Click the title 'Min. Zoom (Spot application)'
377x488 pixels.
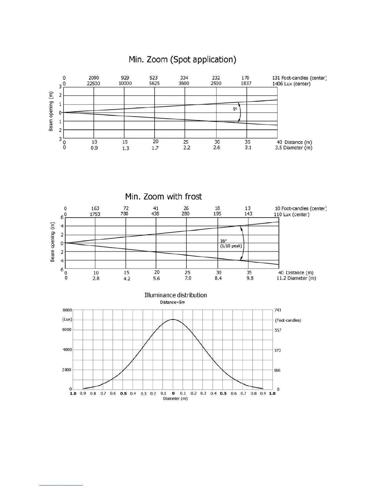182,59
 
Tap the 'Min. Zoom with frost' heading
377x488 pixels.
163,197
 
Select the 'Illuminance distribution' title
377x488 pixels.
176,295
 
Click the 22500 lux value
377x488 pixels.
93,83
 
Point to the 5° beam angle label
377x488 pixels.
235,109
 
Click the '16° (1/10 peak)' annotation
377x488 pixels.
231,243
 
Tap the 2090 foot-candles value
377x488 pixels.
94,78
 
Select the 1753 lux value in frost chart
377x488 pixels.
95,214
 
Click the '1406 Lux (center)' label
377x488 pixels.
291,84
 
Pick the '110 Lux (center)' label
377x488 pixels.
291,214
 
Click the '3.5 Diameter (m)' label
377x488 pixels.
294,148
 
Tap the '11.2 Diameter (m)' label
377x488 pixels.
296,278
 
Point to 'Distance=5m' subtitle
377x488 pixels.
172,302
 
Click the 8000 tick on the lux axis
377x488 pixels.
67,310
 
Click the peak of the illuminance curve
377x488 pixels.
173,319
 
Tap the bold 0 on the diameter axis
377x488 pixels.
173,393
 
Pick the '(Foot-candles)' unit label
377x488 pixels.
288,320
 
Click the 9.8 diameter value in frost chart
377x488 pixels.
250,278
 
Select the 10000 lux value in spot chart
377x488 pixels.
125,83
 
